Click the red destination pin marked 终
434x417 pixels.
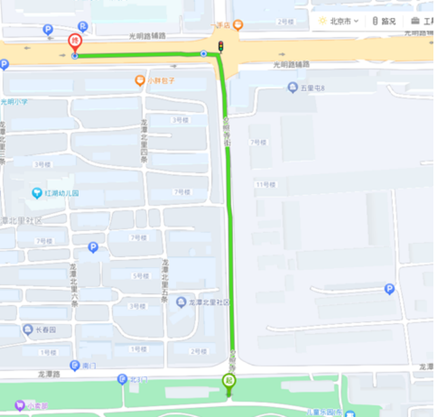tap(75, 42)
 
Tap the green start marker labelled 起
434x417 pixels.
tap(229, 381)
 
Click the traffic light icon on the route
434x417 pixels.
tap(220, 46)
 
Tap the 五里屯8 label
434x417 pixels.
tap(312, 88)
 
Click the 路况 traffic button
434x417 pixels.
tap(384, 21)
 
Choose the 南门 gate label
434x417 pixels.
tap(88, 365)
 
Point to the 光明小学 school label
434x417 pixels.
tap(14, 102)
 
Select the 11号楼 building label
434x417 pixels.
tap(266, 184)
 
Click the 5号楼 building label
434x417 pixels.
tap(140, 276)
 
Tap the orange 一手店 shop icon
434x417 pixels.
tap(237, 25)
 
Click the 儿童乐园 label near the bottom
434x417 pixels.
tap(324, 412)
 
